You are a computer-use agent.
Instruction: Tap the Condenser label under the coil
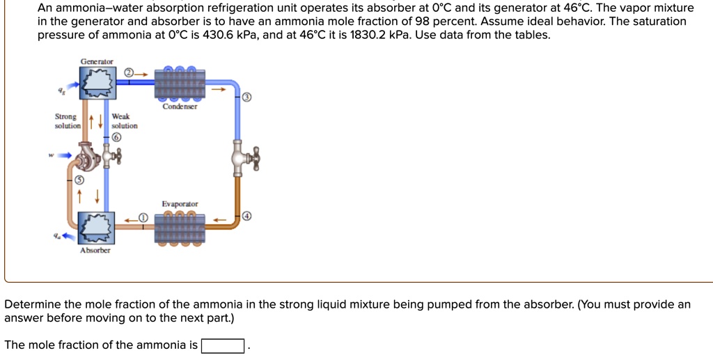pos(180,107)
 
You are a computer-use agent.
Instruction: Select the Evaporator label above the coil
pos(180,204)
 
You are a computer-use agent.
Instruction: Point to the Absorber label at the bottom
pos(95,250)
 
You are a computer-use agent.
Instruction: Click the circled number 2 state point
pos(129,73)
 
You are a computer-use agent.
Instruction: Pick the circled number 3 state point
pos(246,97)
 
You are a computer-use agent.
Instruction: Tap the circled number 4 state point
pos(246,217)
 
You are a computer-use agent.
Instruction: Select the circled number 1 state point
pos(142,218)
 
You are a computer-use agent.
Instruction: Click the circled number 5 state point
pos(79,179)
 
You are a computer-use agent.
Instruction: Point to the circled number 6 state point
pos(116,138)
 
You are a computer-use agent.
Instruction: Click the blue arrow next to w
pos(64,155)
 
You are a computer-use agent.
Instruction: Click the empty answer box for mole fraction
pos(222,345)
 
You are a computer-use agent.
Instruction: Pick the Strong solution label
pos(68,121)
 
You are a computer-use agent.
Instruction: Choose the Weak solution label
pos(124,121)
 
